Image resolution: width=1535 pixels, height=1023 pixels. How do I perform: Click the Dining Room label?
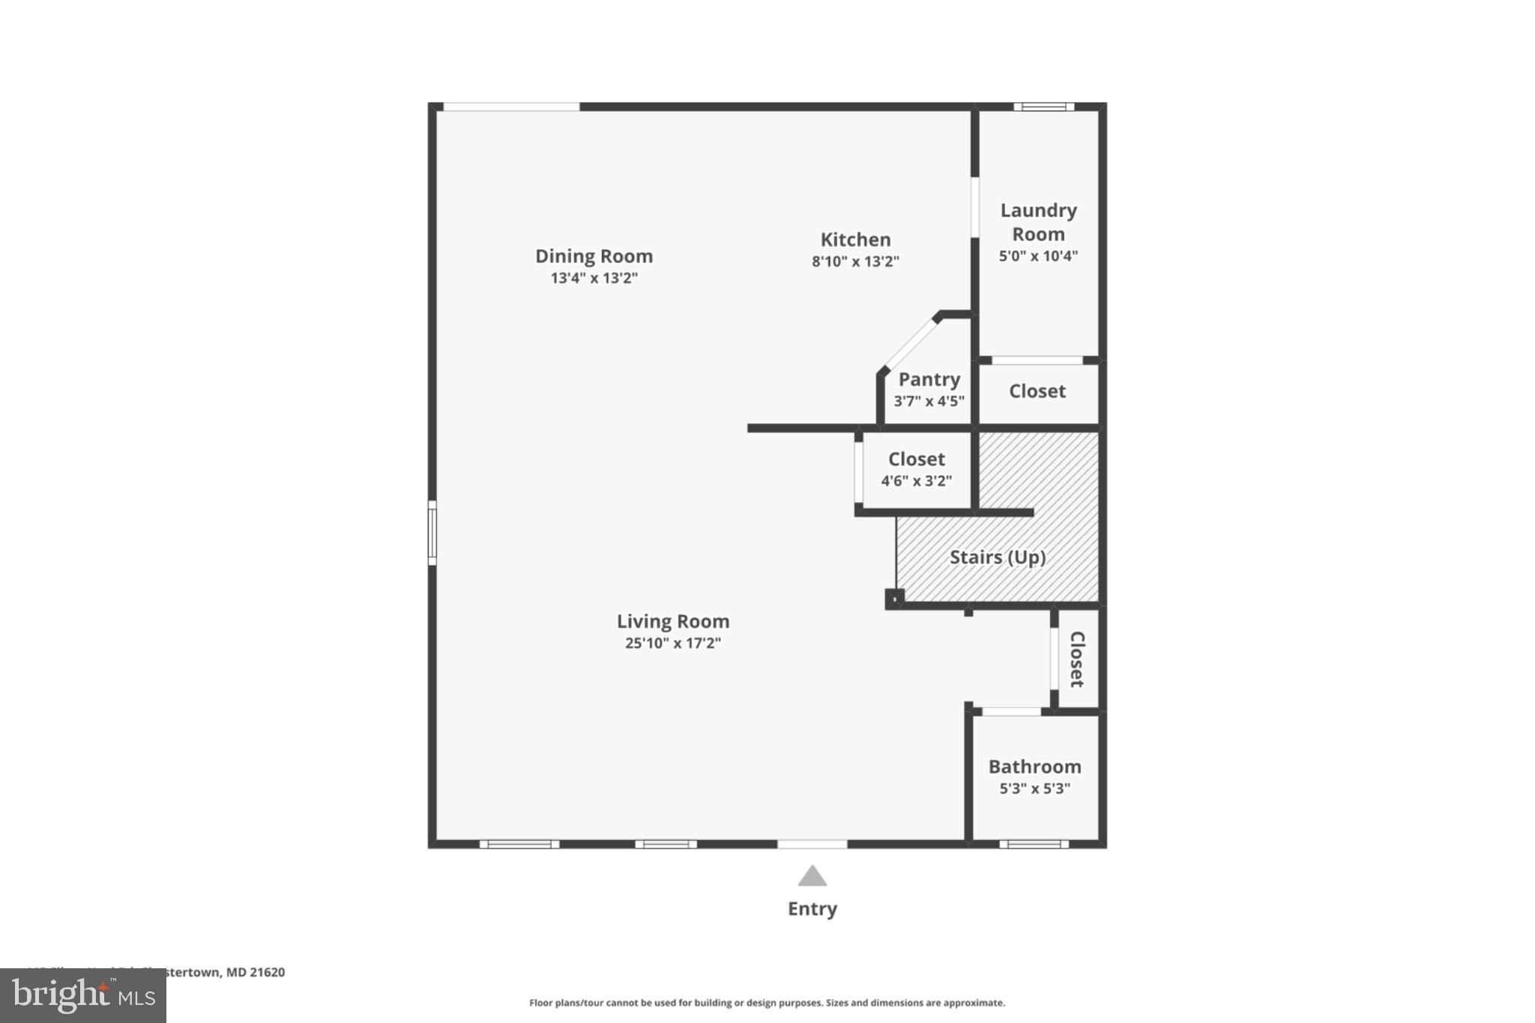coord(594,256)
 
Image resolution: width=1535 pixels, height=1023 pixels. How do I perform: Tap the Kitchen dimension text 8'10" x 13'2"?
coord(855,262)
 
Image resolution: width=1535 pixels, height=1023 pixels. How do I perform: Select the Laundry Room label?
coord(1038,222)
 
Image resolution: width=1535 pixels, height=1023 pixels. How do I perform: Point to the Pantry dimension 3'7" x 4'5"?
coord(929,401)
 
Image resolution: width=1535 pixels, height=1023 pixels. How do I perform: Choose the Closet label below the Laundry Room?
coord(1037,391)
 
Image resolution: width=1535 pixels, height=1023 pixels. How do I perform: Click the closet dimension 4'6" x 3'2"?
coord(916,481)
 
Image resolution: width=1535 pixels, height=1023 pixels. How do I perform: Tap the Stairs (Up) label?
coord(997,558)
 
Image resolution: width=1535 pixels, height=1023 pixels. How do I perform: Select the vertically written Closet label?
coord(1076,659)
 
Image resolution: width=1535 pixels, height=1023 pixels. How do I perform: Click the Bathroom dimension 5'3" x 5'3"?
coord(1034,788)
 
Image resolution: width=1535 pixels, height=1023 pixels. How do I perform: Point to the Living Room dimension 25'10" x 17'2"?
coord(672,643)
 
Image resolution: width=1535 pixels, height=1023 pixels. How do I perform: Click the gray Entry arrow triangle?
coord(812,877)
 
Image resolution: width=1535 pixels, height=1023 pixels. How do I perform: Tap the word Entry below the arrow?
coord(812,909)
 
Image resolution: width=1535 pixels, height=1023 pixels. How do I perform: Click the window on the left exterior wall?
coord(432,533)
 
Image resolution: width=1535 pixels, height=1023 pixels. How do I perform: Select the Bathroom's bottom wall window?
coord(1034,845)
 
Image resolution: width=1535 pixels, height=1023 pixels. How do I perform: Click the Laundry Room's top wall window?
coord(1043,107)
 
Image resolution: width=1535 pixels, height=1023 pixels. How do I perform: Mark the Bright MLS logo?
coord(82,995)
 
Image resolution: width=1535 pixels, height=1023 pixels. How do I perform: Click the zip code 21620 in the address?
coord(268,972)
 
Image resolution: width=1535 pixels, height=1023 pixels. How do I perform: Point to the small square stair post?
coord(893,599)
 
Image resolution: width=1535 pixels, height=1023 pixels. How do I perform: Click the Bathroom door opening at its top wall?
coord(1011,711)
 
